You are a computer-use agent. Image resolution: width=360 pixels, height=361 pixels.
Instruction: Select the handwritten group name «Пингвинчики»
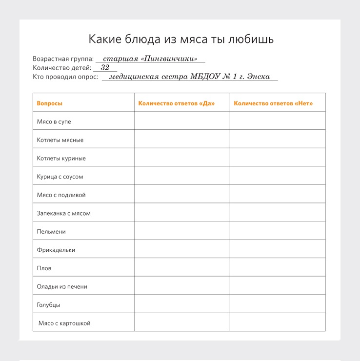pos(169,59)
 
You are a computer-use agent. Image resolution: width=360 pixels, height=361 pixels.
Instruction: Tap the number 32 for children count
pos(105,68)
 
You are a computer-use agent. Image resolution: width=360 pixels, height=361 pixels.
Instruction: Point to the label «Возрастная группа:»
pos(63,59)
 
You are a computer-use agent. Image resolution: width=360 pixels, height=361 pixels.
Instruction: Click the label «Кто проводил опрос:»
pos(65,77)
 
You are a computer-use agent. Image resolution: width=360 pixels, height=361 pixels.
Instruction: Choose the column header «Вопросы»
pos(50,103)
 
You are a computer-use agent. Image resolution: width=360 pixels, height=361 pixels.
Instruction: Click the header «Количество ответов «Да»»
pos(177,103)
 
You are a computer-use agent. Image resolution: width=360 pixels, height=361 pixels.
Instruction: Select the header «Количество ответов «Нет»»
pos(273,103)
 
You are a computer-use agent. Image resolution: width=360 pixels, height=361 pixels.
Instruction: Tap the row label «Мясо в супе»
pos(54,121)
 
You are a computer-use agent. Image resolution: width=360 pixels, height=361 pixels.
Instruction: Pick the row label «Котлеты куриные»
pos(61,158)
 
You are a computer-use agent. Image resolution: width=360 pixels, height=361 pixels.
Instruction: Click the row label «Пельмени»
pos(51,231)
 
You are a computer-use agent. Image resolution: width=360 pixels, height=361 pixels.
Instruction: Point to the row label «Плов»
pos(44,268)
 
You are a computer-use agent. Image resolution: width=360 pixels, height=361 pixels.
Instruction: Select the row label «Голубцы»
pos(48,304)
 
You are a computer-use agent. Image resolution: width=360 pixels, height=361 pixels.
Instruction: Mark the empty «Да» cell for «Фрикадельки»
pos(182,249)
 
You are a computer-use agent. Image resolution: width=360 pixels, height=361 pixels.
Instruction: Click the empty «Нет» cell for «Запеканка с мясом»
pos(278,213)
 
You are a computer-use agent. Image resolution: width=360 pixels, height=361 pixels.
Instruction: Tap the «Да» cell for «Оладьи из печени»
pos(182,286)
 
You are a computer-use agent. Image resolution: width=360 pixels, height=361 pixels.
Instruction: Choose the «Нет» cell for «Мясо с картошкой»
pos(278,322)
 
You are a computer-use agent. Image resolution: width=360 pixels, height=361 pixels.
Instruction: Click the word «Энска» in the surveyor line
pos(259,77)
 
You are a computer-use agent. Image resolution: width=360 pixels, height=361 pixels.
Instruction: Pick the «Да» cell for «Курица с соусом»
pos(182,176)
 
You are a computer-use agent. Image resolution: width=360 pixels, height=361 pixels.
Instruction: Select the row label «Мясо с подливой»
pos(61,195)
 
